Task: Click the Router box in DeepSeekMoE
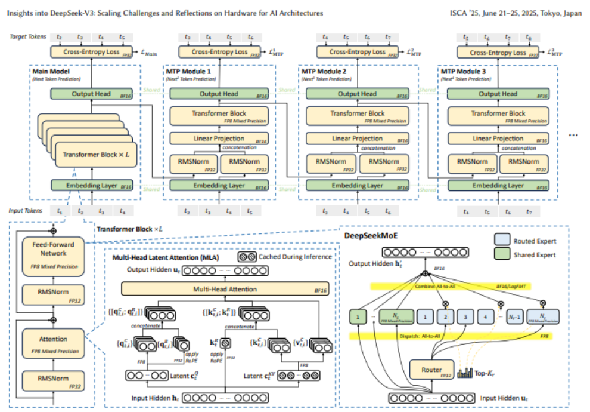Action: click(431, 370)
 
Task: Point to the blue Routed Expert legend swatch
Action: click(502, 241)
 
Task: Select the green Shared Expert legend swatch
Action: click(502, 255)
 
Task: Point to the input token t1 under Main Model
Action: click(59, 211)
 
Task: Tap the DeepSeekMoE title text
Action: click(369, 236)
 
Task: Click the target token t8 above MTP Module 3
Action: click(529, 38)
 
